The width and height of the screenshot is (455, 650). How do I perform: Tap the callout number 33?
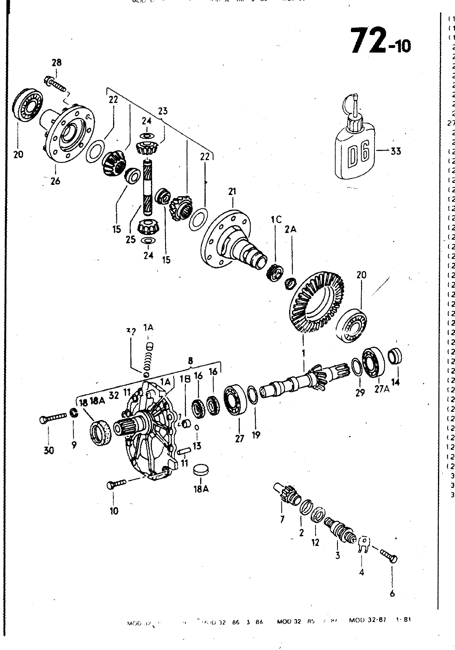[395, 151]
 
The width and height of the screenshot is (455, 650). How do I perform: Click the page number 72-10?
[381, 42]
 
